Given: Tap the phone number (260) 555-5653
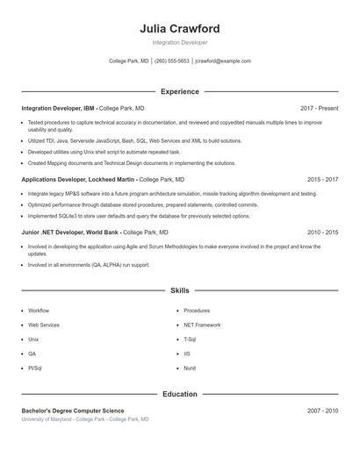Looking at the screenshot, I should tap(171, 61).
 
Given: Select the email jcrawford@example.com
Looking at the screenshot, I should tap(223, 61).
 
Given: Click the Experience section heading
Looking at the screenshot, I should tap(179, 91).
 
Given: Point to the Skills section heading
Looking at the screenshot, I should tap(179, 290).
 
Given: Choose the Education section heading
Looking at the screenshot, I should tap(179, 394).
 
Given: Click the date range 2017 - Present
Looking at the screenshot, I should tap(319, 108).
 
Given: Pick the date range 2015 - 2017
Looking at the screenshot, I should tap(322, 179).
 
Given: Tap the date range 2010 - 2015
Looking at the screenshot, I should tap(322, 232).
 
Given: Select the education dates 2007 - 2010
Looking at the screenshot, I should tap(322, 411).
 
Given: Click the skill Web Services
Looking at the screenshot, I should tap(44, 325).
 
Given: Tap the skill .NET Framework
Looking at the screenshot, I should tap(202, 325).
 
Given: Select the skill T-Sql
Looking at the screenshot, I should tap(190, 339).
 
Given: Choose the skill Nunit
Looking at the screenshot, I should tap(190, 368).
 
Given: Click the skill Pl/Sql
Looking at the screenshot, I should tap(35, 368).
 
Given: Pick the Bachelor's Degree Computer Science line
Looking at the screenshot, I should tap(73, 411).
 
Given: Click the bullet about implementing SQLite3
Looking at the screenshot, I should tap(139, 216).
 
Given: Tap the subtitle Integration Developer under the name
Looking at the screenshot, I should tap(179, 42).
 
